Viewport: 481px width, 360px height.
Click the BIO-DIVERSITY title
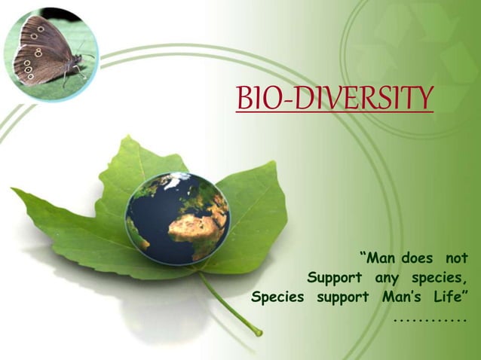click(x=335, y=98)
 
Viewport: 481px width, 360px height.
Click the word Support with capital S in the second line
click(x=335, y=277)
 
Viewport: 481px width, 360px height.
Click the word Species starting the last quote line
click(x=277, y=296)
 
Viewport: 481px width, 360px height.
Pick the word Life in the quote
click(x=449, y=296)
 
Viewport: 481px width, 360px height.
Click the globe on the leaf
click(x=178, y=218)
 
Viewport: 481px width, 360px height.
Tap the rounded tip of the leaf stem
click(x=259, y=331)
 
